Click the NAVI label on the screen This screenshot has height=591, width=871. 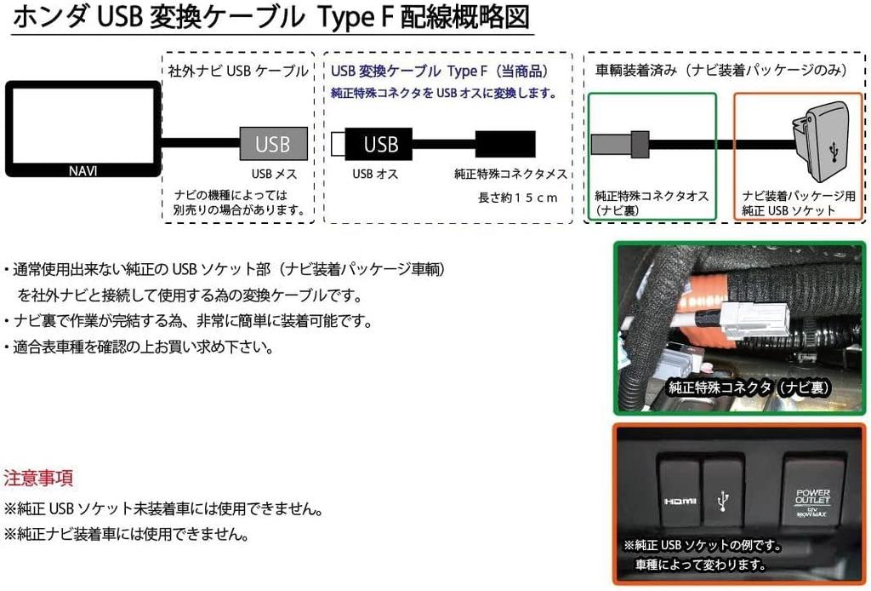[83, 170]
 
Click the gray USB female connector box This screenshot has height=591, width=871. [272, 144]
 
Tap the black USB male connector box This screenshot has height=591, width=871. [380, 144]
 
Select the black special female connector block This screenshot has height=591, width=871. [504, 144]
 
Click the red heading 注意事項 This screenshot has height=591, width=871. [38, 477]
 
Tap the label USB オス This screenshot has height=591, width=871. [375, 174]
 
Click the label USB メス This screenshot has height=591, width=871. [273, 174]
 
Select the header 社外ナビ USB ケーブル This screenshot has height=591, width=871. [236, 72]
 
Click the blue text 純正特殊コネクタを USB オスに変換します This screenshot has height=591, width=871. [444, 93]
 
